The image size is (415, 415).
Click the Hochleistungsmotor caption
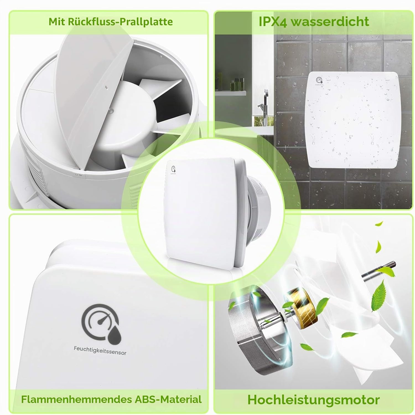tap(313, 399)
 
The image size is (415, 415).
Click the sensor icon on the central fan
tap(173, 169)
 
